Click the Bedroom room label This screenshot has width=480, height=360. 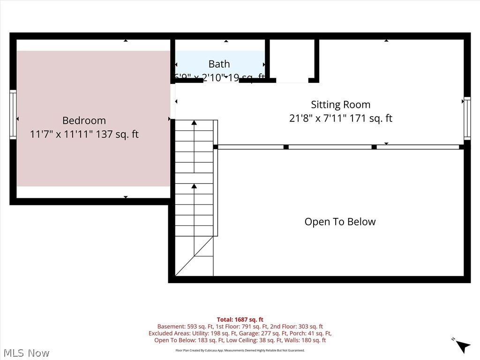coord(84,120)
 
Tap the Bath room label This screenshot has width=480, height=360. coord(219,64)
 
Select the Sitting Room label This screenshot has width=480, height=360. coord(340,105)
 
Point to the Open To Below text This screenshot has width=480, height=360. coord(340,222)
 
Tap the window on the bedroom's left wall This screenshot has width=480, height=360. coord(13,114)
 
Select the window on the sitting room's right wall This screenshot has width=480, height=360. coord(467,118)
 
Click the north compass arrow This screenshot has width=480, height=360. coord(463,346)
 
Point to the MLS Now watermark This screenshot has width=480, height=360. coord(26,352)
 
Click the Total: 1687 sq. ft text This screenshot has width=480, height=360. coord(240,320)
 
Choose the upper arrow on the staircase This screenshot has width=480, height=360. coord(194,123)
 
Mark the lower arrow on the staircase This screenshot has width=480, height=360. coord(194,187)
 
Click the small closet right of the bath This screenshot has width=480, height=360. coord(292,60)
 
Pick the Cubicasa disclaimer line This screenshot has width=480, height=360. coord(240,350)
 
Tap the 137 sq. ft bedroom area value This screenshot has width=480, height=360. coord(117,135)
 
